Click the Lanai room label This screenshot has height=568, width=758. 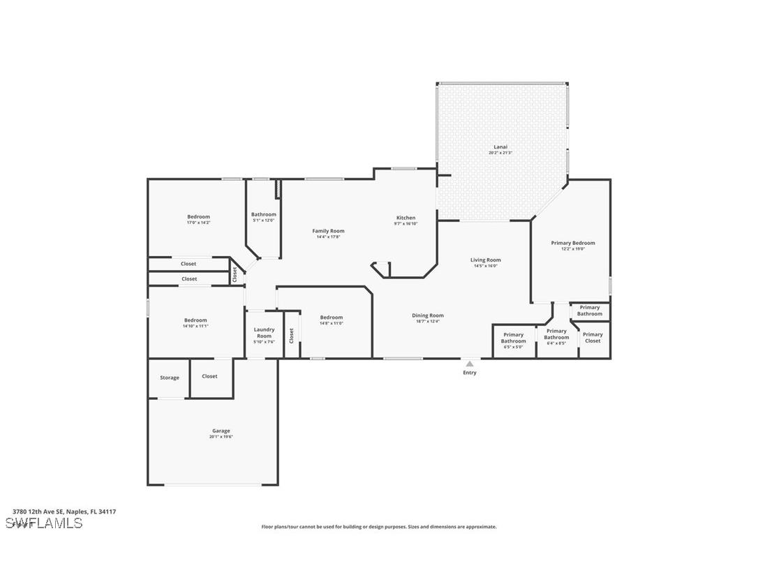click(x=500, y=147)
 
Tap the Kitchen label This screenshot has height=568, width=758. click(x=406, y=218)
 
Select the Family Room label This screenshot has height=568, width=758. click(x=328, y=231)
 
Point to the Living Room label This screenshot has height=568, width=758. click(x=485, y=260)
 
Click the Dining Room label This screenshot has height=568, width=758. click(x=427, y=315)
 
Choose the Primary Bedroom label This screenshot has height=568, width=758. click(x=573, y=243)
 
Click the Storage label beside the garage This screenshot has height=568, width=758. click(x=170, y=378)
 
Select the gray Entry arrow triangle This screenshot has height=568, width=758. click(x=470, y=364)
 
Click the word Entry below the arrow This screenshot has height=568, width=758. click(x=470, y=373)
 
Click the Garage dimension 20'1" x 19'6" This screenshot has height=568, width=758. click(x=221, y=437)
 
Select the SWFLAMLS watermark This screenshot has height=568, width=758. click(x=44, y=523)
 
